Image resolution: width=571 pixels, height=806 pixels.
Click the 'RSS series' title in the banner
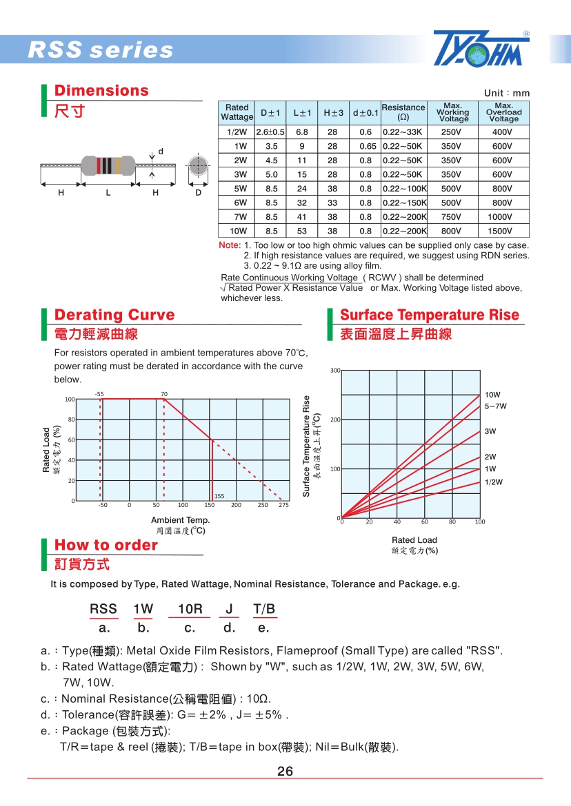(x=101, y=50)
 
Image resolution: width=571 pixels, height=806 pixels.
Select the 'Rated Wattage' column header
(x=237, y=112)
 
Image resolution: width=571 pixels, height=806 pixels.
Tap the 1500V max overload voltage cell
(x=503, y=231)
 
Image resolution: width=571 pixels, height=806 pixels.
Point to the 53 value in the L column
(x=302, y=231)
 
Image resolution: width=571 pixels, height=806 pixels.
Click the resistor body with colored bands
(x=108, y=165)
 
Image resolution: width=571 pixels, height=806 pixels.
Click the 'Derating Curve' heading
(x=114, y=315)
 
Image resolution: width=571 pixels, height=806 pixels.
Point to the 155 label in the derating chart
(x=219, y=496)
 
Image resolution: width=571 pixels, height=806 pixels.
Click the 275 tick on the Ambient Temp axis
(x=283, y=505)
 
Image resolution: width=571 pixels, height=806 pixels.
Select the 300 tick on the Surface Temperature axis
(x=335, y=371)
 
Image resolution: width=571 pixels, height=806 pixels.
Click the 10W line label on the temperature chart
(x=492, y=395)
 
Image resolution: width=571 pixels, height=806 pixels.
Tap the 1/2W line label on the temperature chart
(x=494, y=482)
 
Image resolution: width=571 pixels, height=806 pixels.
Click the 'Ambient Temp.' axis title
(x=180, y=520)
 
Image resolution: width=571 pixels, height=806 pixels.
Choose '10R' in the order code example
(x=190, y=609)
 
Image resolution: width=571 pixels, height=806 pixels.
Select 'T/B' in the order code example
(x=264, y=609)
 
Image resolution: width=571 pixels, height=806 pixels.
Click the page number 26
(x=285, y=771)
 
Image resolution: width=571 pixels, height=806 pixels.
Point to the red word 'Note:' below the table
(x=229, y=245)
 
